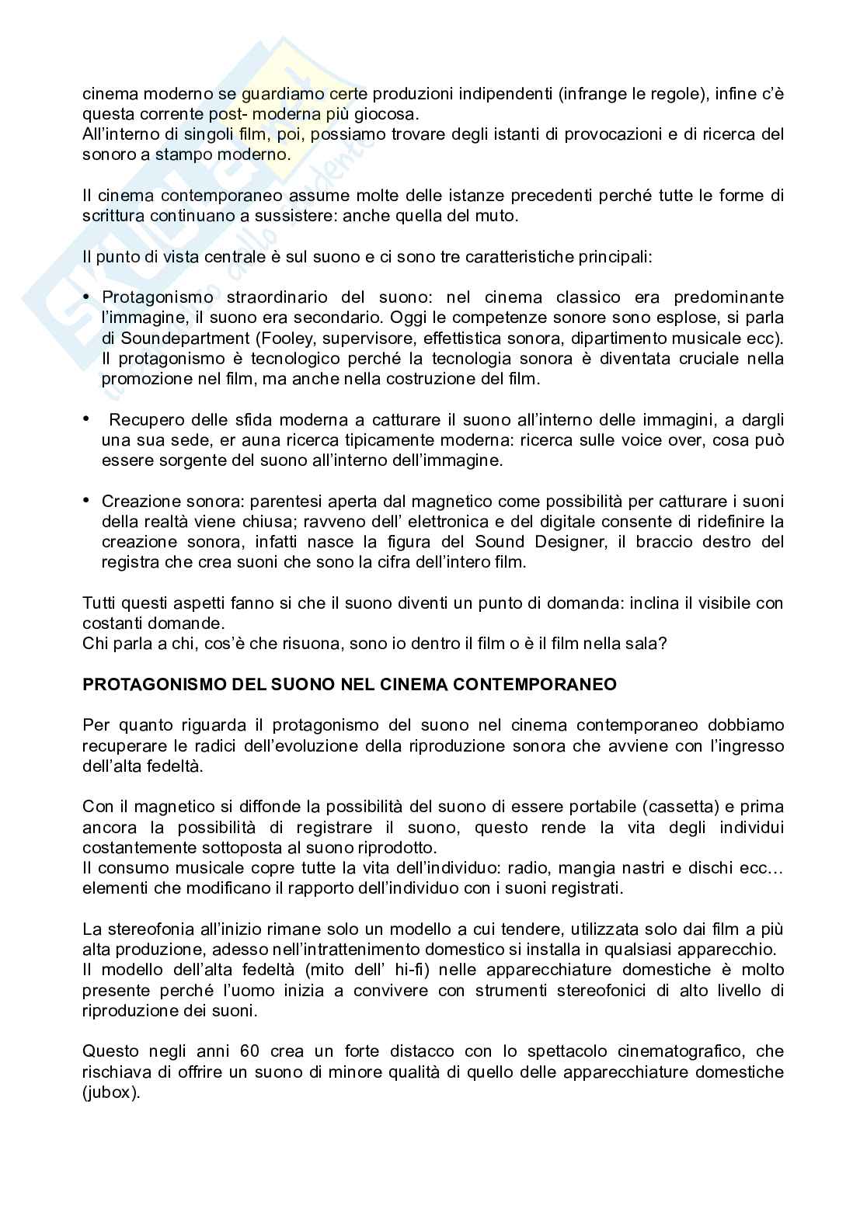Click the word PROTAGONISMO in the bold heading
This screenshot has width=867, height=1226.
pyautogui.click(x=146, y=685)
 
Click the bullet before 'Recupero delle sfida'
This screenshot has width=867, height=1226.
pyautogui.click(x=87, y=419)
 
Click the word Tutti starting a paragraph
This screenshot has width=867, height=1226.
pyautogui.click(x=101, y=603)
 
